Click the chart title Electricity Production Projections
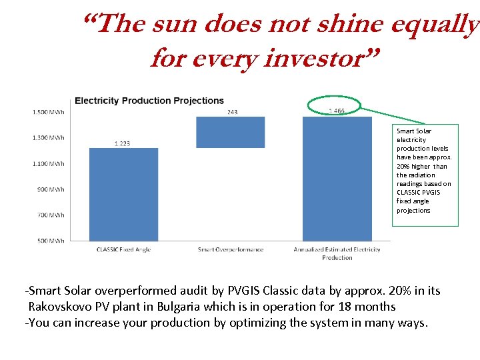pyautogui.click(x=149, y=101)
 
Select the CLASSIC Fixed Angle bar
pyautogui.click(x=123, y=194)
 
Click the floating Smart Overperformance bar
pyautogui.click(x=230, y=132)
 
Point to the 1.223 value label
pyautogui.click(x=122, y=143)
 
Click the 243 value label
pyautogui.click(x=231, y=112)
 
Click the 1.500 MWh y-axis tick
pyautogui.click(x=49, y=112)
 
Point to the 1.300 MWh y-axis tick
pyautogui.click(x=49, y=138)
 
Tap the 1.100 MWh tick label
pyautogui.click(x=49, y=163)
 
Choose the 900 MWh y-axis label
pyautogui.click(x=51, y=189)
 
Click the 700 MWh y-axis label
pyautogui.click(x=51, y=215)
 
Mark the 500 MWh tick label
pyautogui.click(x=51, y=241)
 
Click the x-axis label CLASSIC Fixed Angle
pyautogui.click(x=123, y=250)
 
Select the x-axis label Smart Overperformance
pyautogui.click(x=231, y=250)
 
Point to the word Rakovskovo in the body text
pyautogui.click(x=61, y=307)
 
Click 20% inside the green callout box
pyautogui.click(x=403, y=167)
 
